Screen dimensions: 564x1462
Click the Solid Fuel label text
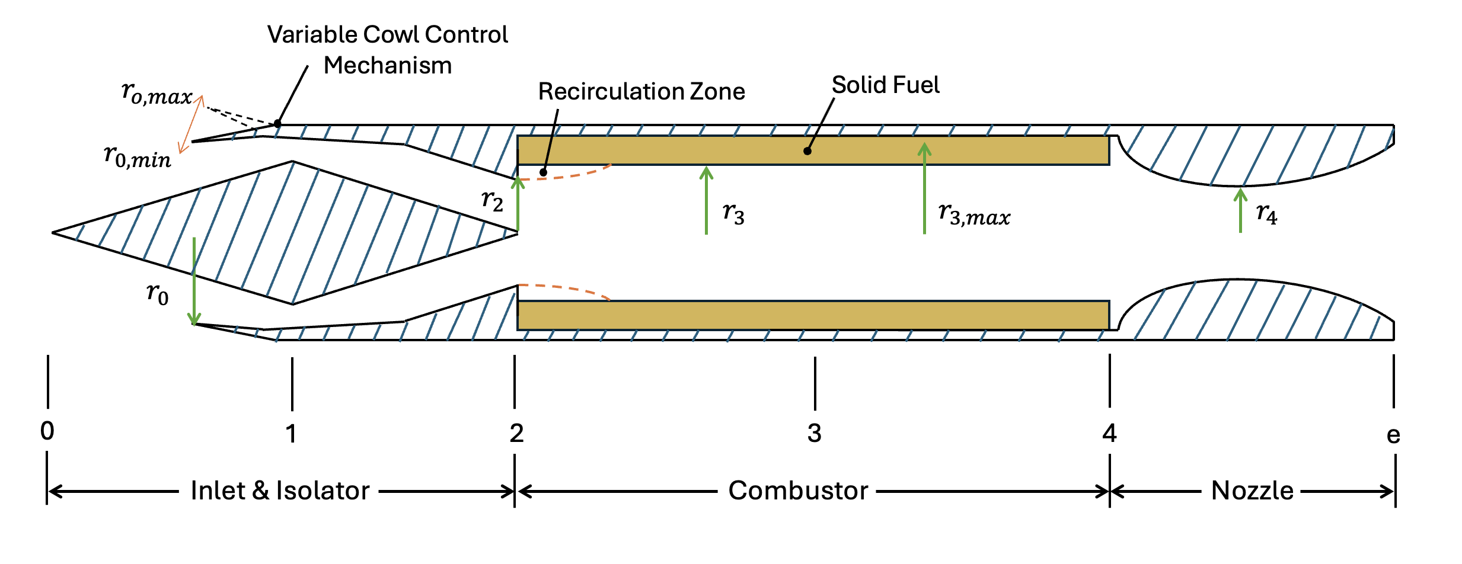885,85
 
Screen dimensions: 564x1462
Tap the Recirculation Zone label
641,92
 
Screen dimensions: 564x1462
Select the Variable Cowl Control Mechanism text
387,50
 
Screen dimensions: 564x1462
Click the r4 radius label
1266,213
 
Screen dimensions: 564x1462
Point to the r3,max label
973,214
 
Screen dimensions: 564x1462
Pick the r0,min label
137,156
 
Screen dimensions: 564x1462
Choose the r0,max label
157,94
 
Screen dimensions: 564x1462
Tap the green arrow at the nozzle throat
1240,210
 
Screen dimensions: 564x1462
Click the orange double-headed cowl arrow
191,124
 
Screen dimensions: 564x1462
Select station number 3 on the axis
815,434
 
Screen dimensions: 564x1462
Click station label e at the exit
1393,435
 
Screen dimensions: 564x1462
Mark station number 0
47,431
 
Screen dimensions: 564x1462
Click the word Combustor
798,491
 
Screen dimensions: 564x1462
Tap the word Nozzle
1252,491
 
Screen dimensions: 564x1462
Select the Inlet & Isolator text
280,491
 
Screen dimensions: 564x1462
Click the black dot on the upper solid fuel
807,151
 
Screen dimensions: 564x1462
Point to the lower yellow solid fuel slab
812,315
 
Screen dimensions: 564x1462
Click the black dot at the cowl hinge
277,124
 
